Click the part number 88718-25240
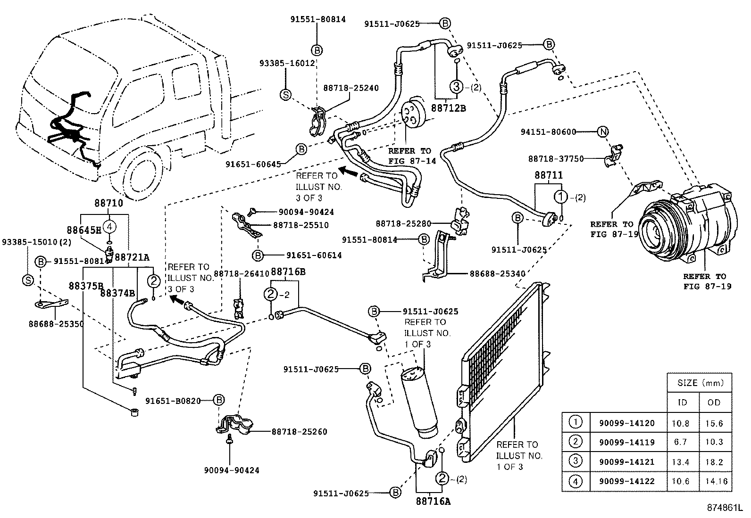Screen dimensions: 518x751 click(x=350, y=88)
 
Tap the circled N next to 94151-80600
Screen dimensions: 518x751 click(x=603, y=132)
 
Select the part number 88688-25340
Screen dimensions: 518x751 click(x=497, y=273)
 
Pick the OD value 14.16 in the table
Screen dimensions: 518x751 click(x=716, y=482)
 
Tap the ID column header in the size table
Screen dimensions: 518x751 click(x=682, y=402)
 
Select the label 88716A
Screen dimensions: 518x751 click(x=433, y=502)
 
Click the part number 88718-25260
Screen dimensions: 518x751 click(x=299, y=431)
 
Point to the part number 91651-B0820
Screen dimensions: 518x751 click(x=173, y=401)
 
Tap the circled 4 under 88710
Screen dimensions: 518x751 click(x=109, y=227)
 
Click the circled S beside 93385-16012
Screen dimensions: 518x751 click(x=286, y=94)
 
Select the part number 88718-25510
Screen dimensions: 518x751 click(x=301, y=225)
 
